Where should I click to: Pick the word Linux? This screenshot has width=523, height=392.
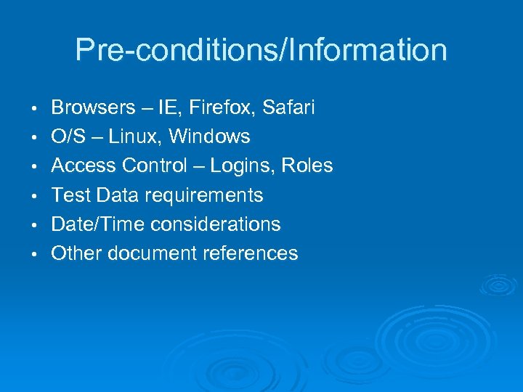click(x=129, y=137)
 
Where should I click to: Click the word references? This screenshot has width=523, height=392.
click(x=252, y=253)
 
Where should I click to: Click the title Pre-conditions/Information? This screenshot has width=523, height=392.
click(x=261, y=50)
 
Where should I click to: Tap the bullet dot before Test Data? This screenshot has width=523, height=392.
click(x=35, y=196)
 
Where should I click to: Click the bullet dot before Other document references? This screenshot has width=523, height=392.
click(x=35, y=254)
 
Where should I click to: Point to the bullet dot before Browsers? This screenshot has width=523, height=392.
click(x=35, y=109)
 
